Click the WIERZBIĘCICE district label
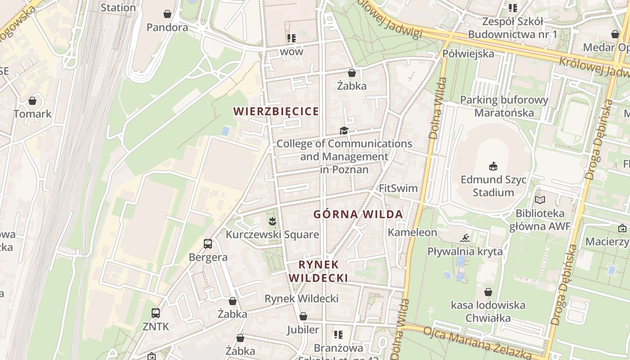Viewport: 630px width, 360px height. [276, 112]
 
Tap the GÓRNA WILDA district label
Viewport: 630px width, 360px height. [358, 215]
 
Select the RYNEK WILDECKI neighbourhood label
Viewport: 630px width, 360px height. [318, 271]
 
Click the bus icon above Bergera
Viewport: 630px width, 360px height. [207, 244]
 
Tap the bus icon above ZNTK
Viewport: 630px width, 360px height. [155, 313]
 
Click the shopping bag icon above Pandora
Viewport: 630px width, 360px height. [167, 14]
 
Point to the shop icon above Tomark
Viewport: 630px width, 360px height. [32, 101]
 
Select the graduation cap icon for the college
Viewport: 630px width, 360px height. [344, 130]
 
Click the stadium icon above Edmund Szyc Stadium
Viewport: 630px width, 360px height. [493, 166]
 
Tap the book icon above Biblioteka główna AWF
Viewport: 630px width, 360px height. [540, 200]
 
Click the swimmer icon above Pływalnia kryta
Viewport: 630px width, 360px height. [465, 238]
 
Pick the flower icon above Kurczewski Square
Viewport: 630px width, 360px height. [272, 221]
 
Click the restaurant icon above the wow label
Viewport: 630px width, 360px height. [291, 38]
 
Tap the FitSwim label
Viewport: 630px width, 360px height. [398, 188]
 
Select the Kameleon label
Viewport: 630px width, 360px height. [412, 233]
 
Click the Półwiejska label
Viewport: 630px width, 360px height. [468, 54]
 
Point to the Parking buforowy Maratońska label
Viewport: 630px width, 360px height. [504, 106]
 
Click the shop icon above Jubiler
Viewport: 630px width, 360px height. [303, 316]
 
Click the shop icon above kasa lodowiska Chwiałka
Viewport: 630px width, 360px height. [488, 292]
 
